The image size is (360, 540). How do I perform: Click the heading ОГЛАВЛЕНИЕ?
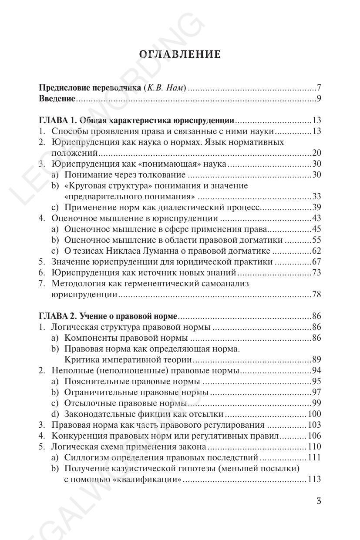click(180, 54)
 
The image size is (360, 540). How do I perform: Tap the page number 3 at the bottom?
click(319, 501)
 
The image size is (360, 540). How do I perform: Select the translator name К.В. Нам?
click(166, 87)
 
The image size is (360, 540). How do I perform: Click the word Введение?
click(57, 98)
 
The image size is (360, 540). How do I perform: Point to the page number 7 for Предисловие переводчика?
click(319, 87)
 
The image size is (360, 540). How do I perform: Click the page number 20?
click(316, 153)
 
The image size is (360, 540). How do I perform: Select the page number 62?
click(316, 251)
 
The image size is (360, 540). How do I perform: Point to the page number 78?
click(316, 295)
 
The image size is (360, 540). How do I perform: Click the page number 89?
click(316, 360)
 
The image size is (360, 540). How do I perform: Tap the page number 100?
click(314, 414)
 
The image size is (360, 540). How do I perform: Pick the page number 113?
click(314, 480)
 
